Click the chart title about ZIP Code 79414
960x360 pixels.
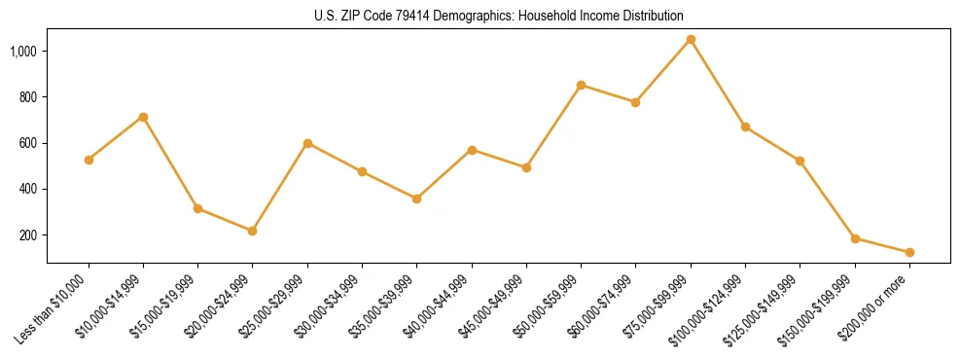click(499, 16)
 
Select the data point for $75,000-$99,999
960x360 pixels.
click(691, 39)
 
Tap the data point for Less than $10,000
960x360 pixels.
click(89, 160)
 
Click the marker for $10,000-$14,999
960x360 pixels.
click(143, 117)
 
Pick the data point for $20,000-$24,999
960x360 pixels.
click(253, 231)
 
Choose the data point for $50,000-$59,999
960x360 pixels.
click(581, 85)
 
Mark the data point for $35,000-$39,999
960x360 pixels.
click(416, 198)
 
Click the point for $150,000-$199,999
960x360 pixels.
click(855, 238)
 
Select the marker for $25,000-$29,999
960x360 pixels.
click(307, 143)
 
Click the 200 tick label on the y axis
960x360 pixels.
click(28, 235)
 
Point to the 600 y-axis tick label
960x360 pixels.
click(28, 143)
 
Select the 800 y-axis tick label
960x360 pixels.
click(28, 97)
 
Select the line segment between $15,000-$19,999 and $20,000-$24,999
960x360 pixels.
click(226, 220)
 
